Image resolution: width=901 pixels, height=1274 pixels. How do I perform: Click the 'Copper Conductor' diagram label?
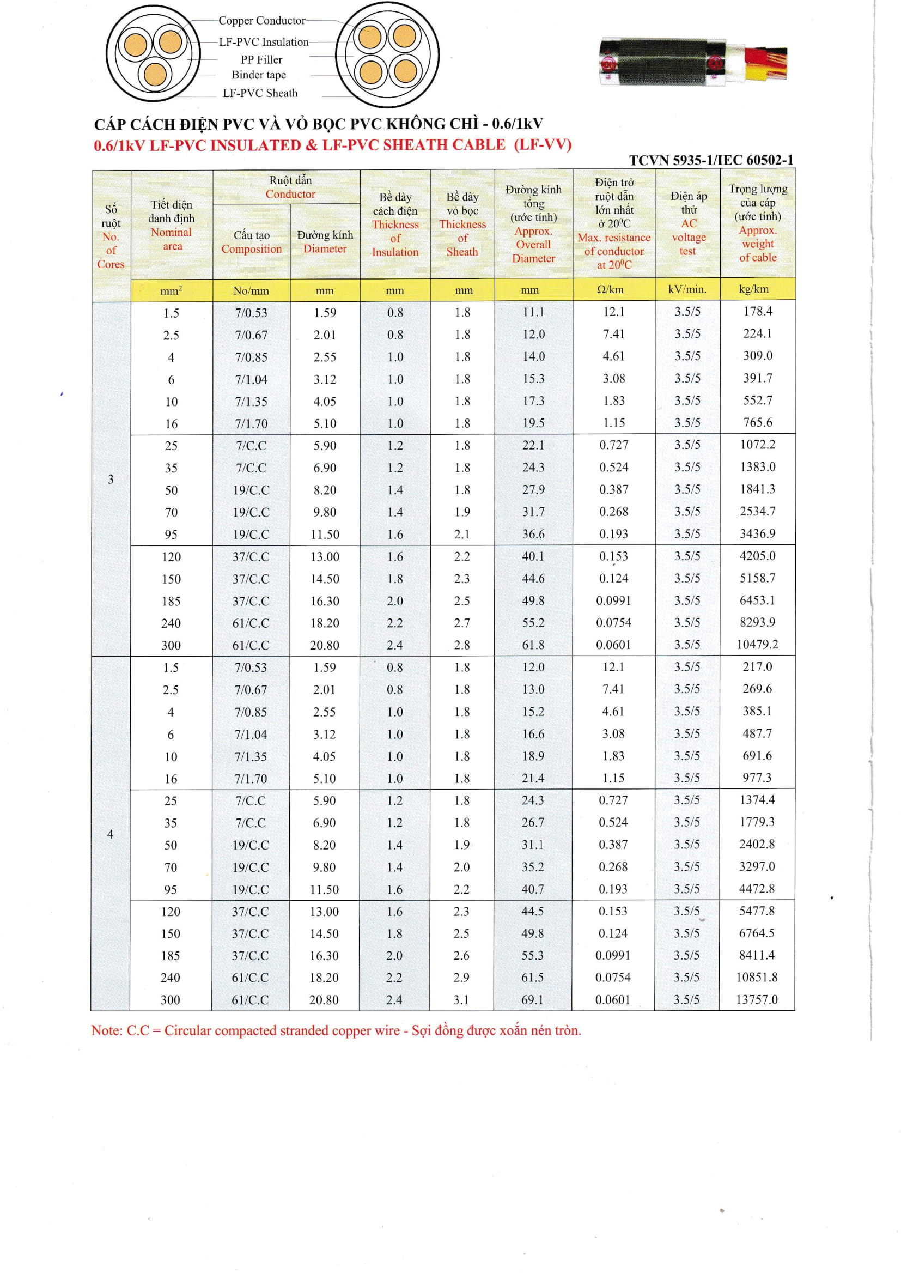pyautogui.click(x=261, y=21)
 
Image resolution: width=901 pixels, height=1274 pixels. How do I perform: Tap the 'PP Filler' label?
pyautogui.click(x=261, y=60)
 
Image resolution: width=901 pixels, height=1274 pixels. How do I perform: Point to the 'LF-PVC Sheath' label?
pyautogui.click(x=260, y=93)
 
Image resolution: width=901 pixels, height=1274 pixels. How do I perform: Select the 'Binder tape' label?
pyautogui.click(x=259, y=75)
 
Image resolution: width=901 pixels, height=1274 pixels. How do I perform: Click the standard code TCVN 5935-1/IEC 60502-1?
pyautogui.click(x=711, y=160)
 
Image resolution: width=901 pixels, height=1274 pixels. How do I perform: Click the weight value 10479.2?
pyautogui.click(x=757, y=644)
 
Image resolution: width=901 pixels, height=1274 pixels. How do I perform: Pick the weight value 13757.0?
pyautogui.click(x=757, y=999)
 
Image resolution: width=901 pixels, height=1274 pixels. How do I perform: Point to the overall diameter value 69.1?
pyautogui.click(x=532, y=1000)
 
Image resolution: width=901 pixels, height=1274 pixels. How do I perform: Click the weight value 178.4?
pyautogui.click(x=757, y=311)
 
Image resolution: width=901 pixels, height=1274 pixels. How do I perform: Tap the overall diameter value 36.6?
pyautogui.click(x=533, y=534)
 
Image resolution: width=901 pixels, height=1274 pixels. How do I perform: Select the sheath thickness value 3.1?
pyautogui.click(x=461, y=1000)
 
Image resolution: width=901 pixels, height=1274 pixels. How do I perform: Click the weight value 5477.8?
pyautogui.click(x=757, y=911)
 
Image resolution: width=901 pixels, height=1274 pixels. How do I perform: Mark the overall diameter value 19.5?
pyautogui.click(x=533, y=423)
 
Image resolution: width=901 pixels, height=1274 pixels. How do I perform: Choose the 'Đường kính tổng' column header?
pyautogui.click(x=533, y=223)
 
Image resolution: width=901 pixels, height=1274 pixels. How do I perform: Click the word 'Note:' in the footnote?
pyautogui.click(x=107, y=1030)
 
